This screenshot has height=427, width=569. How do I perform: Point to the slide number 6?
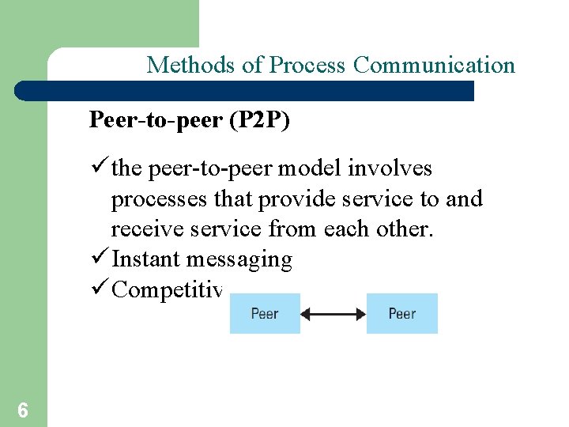(23, 410)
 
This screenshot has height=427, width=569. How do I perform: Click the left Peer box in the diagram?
(265, 314)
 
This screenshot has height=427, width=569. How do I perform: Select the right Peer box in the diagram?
(401, 314)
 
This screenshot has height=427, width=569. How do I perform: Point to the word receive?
(139, 229)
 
